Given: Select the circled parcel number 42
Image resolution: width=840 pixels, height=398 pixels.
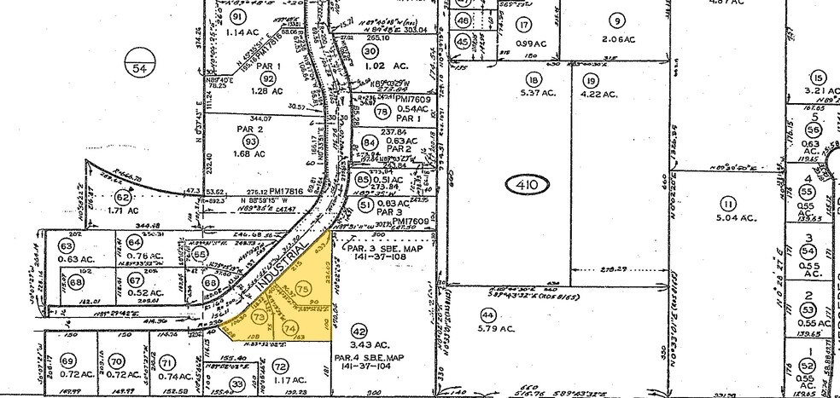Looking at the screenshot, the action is pos(359,332).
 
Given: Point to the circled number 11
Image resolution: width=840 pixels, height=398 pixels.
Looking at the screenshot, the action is pos(727,204).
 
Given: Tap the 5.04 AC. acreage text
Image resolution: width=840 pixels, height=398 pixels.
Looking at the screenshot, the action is pos(727,218).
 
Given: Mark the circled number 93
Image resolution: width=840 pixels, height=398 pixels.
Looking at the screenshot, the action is pos(250,141).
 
